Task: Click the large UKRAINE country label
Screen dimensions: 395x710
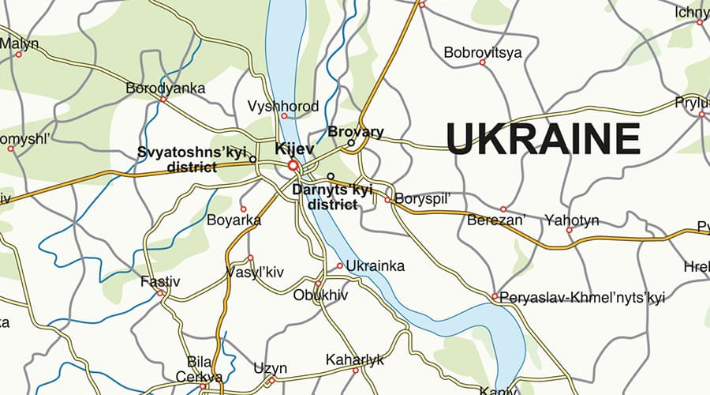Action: click(543, 140)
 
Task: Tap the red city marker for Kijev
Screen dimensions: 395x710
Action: click(293, 166)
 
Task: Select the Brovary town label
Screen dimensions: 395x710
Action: click(355, 132)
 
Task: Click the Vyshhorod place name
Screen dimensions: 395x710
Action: click(283, 107)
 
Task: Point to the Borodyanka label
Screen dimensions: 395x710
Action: click(166, 88)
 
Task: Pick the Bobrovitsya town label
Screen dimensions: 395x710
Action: click(483, 54)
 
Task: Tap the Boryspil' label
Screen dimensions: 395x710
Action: click(422, 198)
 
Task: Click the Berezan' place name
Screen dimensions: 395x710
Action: click(496, 220)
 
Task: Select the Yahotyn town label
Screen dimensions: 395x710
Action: click(572, 220)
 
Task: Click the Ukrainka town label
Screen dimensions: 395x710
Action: click(375, 266)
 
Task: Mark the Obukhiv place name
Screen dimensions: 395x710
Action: click(320, 295)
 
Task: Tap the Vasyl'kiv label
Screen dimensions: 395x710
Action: click(254, 272)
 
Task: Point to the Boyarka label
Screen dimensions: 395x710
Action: click(234, 220)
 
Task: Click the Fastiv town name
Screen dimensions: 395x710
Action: click(160, 281)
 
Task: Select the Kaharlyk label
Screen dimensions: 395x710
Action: click(355, 360)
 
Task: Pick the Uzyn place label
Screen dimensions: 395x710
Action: click(271, 368)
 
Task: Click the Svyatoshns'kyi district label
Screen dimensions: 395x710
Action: click(192, 159)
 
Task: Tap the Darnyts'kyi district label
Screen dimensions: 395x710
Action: click(331, 197)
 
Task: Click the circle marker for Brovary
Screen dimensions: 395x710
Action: click(352, 143)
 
